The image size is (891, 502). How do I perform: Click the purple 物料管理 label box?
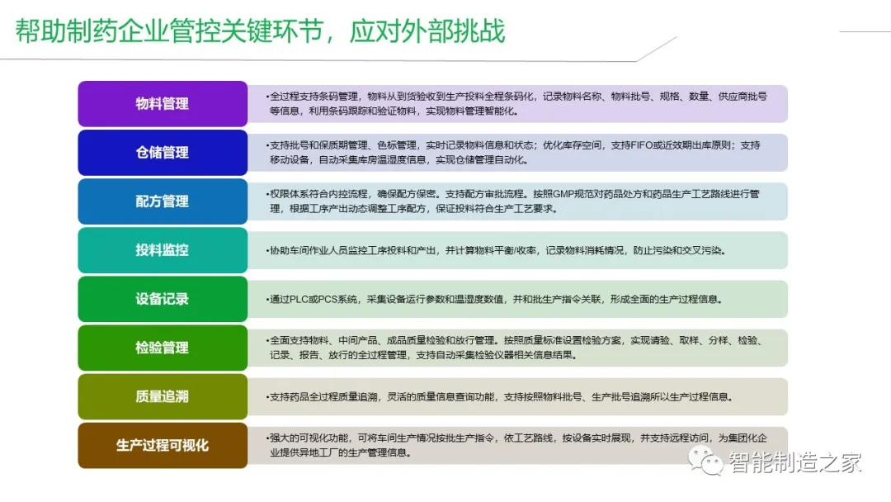click(163, 104)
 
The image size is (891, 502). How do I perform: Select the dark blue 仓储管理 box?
click(163, 153)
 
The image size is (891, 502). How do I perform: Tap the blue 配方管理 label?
click(163, 201)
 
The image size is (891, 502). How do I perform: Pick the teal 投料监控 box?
click(163, 250)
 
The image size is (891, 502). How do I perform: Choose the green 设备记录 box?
click(163, 299)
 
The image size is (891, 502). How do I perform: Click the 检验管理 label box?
click(163, 348)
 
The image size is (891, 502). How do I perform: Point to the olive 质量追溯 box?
click(163, 396)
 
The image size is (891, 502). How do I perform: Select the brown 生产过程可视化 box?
click(163, 445)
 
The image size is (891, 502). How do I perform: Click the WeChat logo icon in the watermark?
click(709, 461)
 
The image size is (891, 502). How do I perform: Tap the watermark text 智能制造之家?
click(795, 462)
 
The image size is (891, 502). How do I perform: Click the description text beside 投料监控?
click(495, 250)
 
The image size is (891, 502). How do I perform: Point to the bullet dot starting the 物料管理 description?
click(267, 97)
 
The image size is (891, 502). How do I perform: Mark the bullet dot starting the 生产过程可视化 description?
click(267, 438)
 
